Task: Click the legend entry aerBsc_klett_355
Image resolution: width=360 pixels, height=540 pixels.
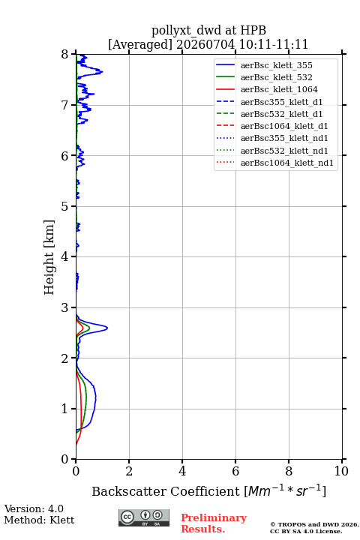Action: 276,65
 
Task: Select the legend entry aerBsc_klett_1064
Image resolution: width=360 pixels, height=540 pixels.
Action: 279,89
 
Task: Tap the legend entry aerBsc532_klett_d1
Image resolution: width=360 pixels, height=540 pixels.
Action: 281,114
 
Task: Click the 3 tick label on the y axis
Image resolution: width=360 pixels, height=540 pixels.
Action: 64,307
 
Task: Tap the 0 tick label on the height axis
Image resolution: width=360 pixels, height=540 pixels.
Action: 64,459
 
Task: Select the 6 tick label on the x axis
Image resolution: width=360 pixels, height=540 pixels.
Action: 235,471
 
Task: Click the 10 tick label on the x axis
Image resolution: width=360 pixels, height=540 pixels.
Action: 342,471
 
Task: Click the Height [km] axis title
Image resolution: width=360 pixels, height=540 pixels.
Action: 49,257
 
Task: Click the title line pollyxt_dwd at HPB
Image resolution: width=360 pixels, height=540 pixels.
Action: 208,30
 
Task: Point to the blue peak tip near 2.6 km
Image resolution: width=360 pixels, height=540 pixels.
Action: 107,328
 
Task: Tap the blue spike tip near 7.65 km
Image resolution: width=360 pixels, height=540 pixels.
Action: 103,72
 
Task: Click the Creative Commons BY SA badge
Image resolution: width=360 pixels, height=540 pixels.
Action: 144,517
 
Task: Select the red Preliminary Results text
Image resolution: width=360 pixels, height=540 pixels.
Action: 214,523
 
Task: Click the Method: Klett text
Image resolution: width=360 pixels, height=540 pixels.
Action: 39,520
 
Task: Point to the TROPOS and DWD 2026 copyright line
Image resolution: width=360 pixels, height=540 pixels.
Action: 314,524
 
